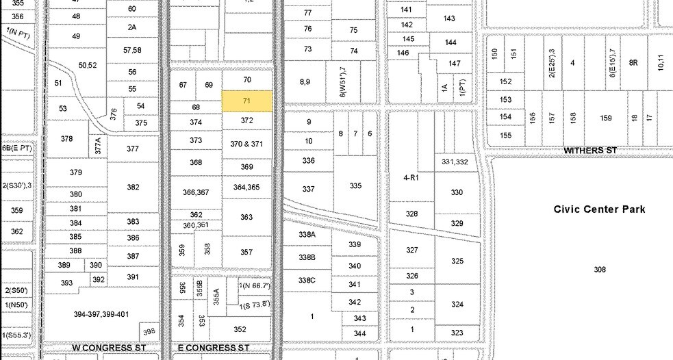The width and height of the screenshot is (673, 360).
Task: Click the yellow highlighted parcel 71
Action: coord(247,101)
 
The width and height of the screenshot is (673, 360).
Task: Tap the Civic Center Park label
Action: coord(599,209)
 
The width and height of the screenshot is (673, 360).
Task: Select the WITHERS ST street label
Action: coord(586,150)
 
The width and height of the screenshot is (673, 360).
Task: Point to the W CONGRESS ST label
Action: coord(102,348)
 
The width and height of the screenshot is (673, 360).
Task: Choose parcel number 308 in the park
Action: coord(600,270)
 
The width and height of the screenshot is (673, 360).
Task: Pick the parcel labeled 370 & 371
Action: coord(247,144)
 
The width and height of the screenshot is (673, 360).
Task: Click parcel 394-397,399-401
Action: coord(101,314)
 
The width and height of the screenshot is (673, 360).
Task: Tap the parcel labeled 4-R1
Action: coord(411,177)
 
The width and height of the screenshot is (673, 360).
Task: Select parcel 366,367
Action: coord(196,193)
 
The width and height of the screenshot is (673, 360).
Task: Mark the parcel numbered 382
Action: coord(133,187)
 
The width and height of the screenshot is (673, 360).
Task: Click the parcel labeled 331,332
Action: coord(455,162)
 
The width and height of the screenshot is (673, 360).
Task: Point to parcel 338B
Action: coord(307,257)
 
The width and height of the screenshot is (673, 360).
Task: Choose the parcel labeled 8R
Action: coord(633,62)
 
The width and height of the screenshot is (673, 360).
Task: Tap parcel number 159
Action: coord(605,118)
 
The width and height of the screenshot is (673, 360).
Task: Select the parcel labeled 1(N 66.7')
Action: coord(255,285)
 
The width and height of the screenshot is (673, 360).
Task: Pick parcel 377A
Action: coord(98,144)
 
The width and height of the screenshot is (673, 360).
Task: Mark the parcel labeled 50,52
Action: coord(88,65)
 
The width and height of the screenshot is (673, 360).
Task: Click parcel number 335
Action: coord(355,185)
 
